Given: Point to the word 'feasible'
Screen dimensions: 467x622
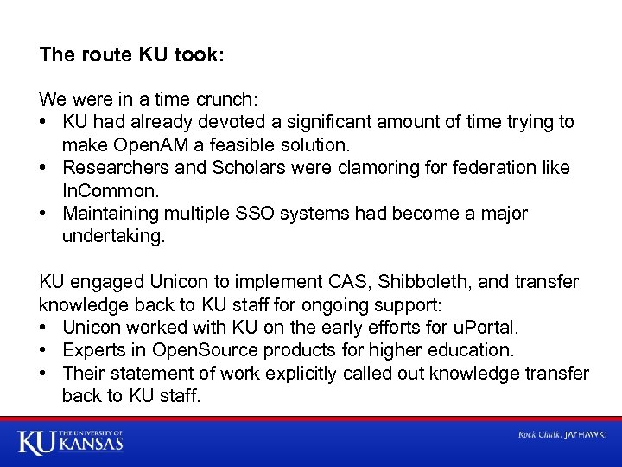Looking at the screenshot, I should click(x=239, y=145).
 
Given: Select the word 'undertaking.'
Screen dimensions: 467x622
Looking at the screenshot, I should click(x=113, y=235).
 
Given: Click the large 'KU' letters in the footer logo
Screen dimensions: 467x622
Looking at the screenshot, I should click(x=36, y=443).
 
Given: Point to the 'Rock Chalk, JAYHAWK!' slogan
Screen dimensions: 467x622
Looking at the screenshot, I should click(x=562, y=434).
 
